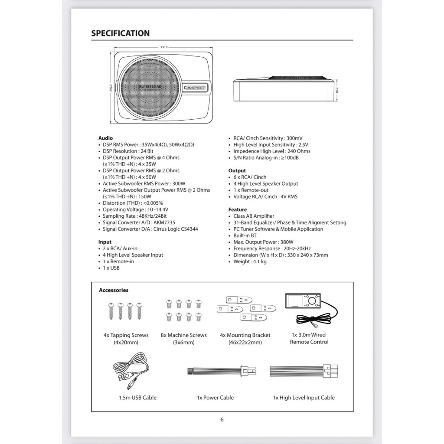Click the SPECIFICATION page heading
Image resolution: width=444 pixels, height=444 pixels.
coord(120,33)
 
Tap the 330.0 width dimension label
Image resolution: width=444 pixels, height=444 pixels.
coord(164,47)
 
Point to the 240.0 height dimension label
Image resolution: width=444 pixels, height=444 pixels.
coord(111,88)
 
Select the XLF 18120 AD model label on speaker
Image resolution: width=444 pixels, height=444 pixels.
coord(150,87)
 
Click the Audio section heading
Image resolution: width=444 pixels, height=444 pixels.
coord(105,138)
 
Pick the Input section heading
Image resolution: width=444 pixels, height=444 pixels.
coord(105,242)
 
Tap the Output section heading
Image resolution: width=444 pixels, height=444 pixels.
coord(237,170)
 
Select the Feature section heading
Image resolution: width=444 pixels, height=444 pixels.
coord(238,209)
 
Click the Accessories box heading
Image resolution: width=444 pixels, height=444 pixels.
coord(114,290)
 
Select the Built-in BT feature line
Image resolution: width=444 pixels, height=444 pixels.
coord(245,235)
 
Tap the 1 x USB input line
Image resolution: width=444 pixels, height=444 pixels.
coord(111,268)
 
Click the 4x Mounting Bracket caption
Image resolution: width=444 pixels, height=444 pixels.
coord(245,335)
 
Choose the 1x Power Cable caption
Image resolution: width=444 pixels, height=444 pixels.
coord(215,398)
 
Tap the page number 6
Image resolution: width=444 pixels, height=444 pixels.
coord(222,419)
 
